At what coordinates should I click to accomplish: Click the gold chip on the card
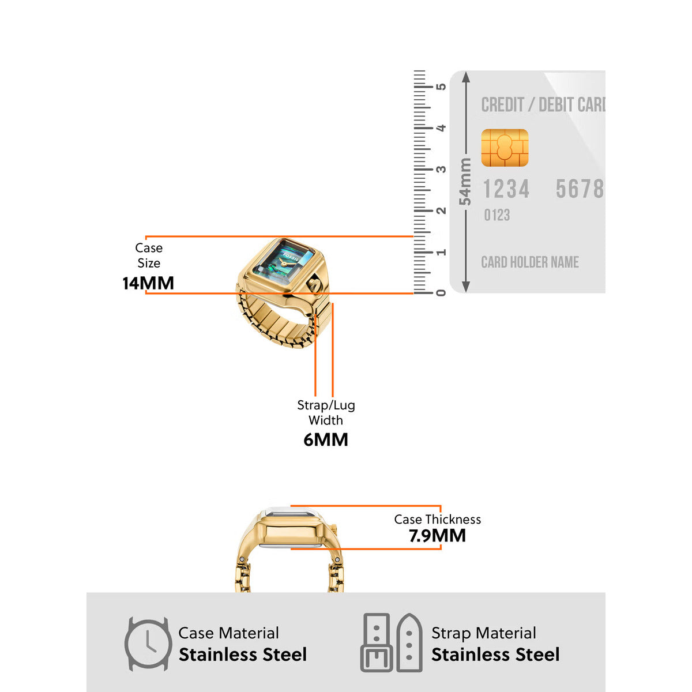point(505,148)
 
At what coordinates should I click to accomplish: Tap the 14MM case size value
point(148,283)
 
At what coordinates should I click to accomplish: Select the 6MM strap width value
point(326,439)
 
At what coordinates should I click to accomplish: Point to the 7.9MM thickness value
point(437,536)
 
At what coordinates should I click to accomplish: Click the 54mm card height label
point(465,182)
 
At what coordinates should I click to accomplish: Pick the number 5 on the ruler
point(441,86)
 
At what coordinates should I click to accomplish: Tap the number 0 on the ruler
point(441,293)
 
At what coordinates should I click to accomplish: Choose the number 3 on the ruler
point(441,169)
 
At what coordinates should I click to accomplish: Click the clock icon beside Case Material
point(148,644)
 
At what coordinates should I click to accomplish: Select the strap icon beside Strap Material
point(392,642)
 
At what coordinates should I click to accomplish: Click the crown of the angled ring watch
point(313,284)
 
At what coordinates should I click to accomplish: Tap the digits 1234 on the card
point(506,189)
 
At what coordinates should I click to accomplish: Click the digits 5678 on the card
point(580,189)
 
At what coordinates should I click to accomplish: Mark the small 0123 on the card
point(497,215)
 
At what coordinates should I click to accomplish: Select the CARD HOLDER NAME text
point(529,262)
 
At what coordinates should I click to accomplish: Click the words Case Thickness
point(437,519)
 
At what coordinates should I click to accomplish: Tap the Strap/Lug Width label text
point(326,412)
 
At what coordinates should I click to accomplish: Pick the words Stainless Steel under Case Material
point(243,655)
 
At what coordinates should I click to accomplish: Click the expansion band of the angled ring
point(271,320)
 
